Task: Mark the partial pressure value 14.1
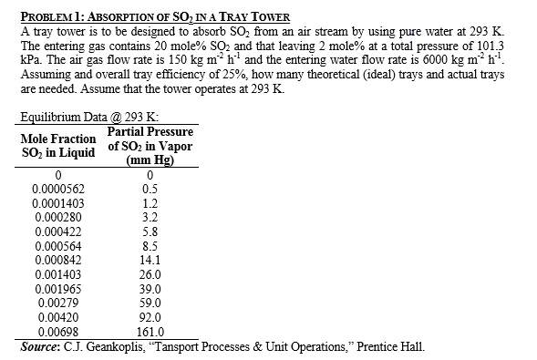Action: (x=151, y=260)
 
